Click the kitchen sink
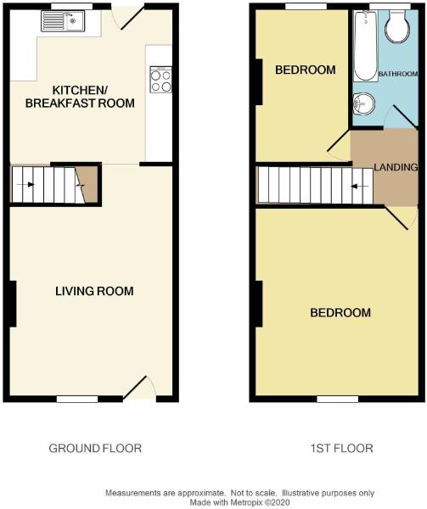click(63, 21)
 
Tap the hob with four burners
click(160, 80)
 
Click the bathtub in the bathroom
click(366, 46)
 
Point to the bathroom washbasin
click(364, 103)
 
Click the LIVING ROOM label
click(94, 291)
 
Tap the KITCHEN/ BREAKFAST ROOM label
click(80, 97)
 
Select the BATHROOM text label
click(398, 74)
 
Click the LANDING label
click(396, 167)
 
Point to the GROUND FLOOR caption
click(95, 448)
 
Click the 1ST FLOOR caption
click(341, 448)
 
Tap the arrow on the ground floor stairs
click(25, 184)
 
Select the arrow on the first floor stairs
click(360, 186)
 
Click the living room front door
click(135, 388)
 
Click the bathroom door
click(405, 116)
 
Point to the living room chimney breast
click(13, 304)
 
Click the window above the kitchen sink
click(72, 7)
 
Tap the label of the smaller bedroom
click(306, 70)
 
